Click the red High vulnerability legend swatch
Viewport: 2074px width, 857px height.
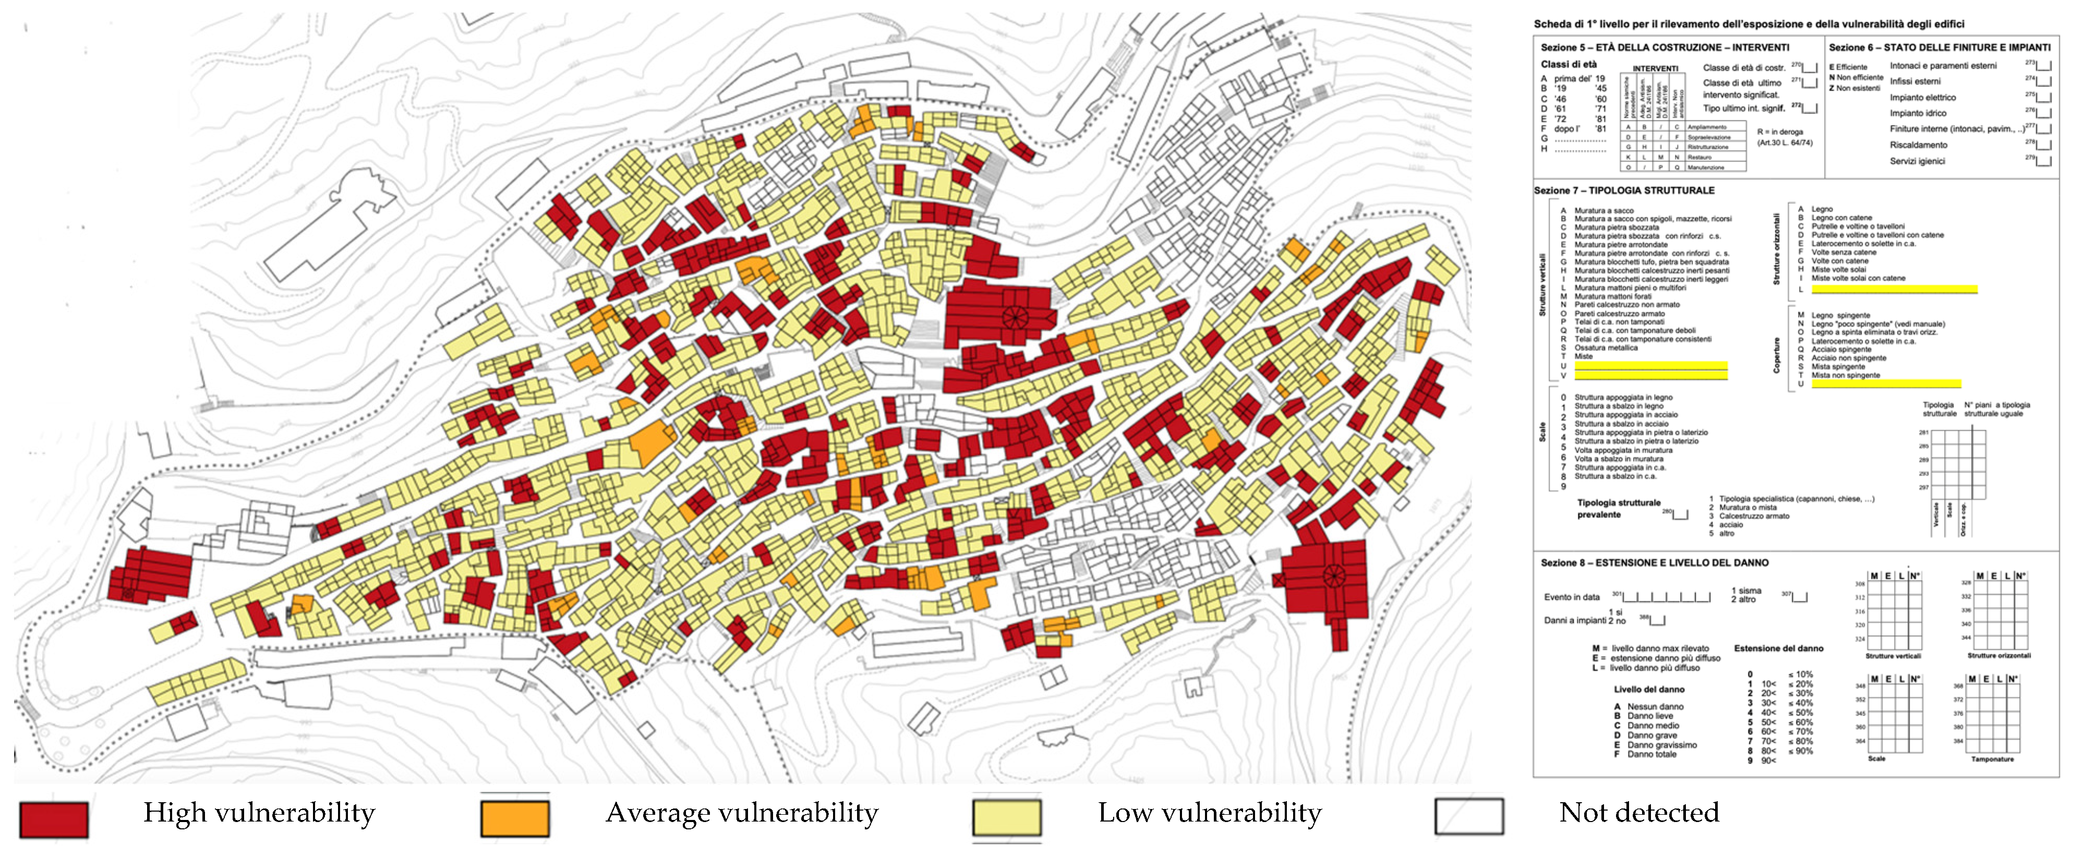pos(53,819)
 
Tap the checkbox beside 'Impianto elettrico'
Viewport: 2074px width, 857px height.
pos(2043,98)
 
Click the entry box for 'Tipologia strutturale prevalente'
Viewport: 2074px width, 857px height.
pos(1680,514)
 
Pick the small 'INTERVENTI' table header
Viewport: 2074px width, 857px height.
pos(1655,68)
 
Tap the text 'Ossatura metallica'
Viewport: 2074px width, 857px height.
pos(1606,348)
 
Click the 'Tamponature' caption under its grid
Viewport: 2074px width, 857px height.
pos(1992,759)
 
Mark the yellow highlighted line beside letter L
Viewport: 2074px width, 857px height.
pos(1894,289)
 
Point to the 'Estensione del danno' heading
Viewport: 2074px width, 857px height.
pos(1779,648)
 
